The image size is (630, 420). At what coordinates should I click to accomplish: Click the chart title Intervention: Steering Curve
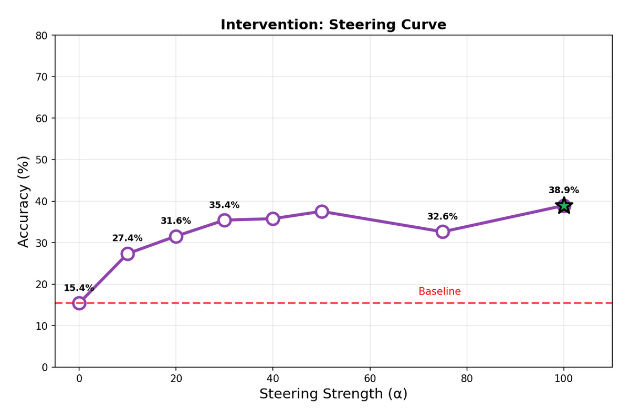pyautogui.click(x=333, y=25)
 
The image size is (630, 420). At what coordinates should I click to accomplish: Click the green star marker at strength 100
pyautogui.click(x=563, y=205)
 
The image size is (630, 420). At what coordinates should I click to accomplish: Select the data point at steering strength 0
pyautogui.click(x=79, y=303)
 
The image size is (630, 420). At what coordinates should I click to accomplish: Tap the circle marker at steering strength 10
pyautogui.click(x=128, y=254)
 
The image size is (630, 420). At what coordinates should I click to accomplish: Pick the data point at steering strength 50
pyautogui.click(x=322, y=212)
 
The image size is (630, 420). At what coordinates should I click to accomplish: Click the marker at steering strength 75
pyautogui.click(x=443, y=232)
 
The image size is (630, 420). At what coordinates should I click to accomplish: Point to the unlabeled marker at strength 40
pyautogui.click(x=273, y=218)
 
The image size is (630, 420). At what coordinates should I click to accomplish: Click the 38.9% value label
pyautogui.click(x=563, y=191)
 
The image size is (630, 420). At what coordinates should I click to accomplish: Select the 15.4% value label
pyautogui.click(x=79, y=288)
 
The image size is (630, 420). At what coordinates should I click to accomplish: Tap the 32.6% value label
pyautogui.click(x=442, y=217)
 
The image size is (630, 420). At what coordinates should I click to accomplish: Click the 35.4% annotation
pyautogui.click(x=224, y=205)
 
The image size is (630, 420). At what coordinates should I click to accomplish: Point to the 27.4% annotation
pyautogui.click(x=127, y=238)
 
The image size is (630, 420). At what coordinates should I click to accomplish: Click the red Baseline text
pyautogui.click(x=439, y=292)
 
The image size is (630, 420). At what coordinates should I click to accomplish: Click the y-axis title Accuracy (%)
pyautogui.click(x=24, y=201)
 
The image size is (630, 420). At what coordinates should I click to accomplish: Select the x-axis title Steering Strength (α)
pyautogui.click(x=333, y=394)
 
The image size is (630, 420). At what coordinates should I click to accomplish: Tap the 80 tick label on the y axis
pyautogui.click(x=43, y=36)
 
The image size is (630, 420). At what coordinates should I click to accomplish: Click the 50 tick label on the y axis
pyautogui.click(x=43, y=160)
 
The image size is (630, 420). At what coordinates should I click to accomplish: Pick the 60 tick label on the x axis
pyautogui.click(x=370, y=379)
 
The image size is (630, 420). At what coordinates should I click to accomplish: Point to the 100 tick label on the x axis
pyautogui.click(x=563, y=379)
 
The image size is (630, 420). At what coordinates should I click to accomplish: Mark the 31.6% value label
pyautogui.click(x=176, y=221)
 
